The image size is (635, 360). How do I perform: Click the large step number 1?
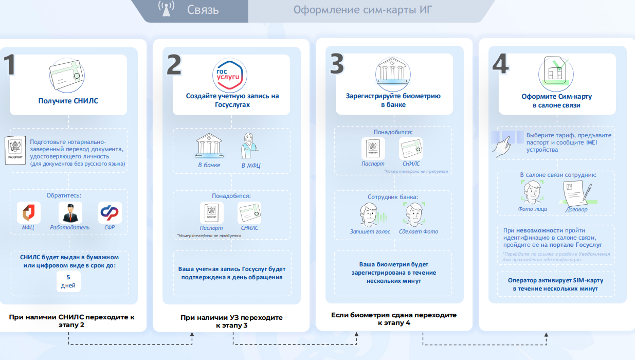coord(10,66)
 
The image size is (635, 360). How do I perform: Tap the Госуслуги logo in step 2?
coord(230,75)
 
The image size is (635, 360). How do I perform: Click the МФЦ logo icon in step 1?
coord(28,212)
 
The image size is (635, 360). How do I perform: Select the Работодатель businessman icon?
coord(70,212)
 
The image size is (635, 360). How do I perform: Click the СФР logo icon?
coord(110,212)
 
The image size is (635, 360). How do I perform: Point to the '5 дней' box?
coord(68,281)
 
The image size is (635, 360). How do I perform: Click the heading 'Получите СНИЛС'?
coord(68,101)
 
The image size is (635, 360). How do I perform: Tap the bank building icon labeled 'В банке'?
coord(209,147)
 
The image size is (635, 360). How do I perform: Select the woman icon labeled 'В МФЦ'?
coord(250,147)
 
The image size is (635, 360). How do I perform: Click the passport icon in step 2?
coord(211,212)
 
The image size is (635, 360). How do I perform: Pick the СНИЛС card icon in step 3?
coord(411,149)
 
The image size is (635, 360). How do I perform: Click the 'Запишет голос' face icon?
coord(370,215)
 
